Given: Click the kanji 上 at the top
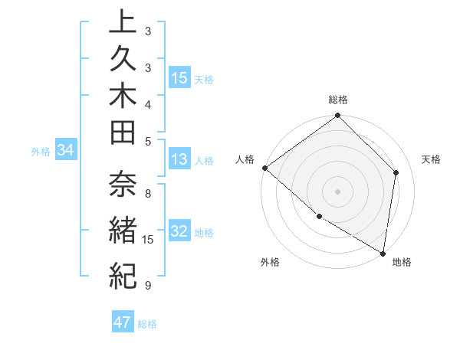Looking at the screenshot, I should tap(123, 23).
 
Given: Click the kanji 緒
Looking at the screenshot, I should tap(123, 229).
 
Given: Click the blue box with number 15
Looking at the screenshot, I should tap(179, 78).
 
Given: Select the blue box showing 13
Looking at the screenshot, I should tap(179, 160).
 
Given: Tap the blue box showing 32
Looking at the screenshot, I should tap(179, 232).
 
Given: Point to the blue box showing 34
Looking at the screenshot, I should tap(65, 151).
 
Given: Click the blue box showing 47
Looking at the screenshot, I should tap(123, 323).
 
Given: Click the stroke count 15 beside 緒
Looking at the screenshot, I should tap(149, 240).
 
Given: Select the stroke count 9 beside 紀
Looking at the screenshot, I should tap(147, 286).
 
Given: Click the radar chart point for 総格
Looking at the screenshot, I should tap(337, 116).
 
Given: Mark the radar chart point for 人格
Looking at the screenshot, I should tap(264, 168).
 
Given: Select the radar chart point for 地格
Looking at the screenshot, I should tap(383, 253).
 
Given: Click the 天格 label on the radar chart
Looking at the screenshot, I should tap(432, 159).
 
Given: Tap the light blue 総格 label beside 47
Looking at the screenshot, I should tap(147, 324).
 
